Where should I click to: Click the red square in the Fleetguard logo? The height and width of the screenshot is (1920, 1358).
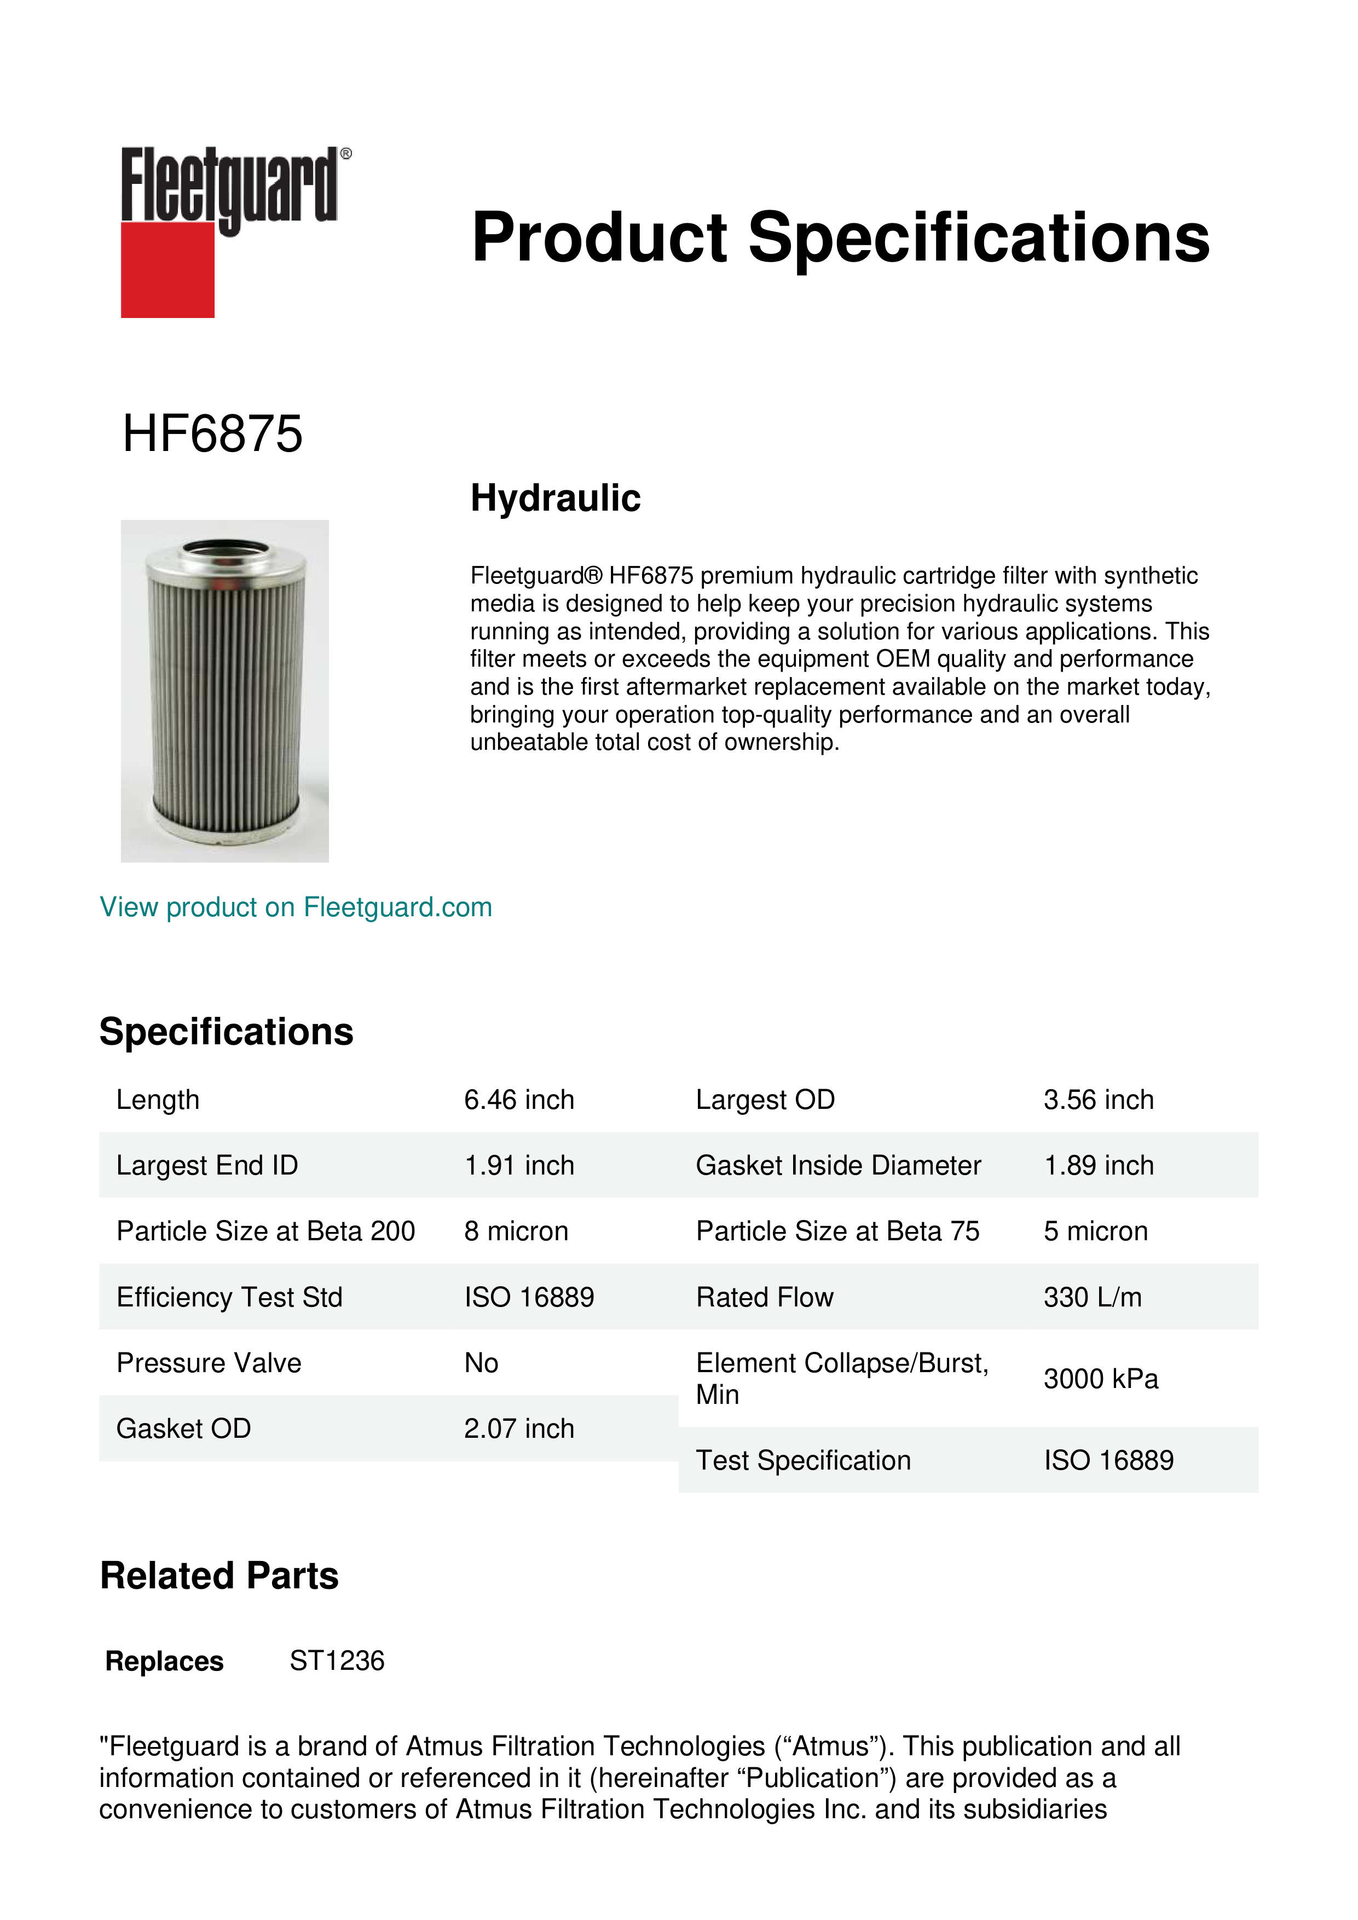167,269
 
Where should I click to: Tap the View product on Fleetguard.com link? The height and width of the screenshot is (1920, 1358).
296,907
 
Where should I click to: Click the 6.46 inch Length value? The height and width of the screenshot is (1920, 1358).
519,1100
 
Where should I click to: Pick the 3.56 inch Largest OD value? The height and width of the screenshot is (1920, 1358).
1098,1100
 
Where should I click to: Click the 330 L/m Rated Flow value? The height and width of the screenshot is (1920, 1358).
1092,1297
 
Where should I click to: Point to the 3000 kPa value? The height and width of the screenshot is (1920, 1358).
1100,1379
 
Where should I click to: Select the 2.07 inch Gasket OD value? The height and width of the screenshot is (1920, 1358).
519,1429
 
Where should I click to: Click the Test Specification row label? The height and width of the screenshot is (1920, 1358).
803,1460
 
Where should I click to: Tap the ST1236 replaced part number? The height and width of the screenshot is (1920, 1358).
337,1661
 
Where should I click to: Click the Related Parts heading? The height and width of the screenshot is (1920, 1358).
219,1576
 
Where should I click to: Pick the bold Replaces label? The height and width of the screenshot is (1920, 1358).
165,1662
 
